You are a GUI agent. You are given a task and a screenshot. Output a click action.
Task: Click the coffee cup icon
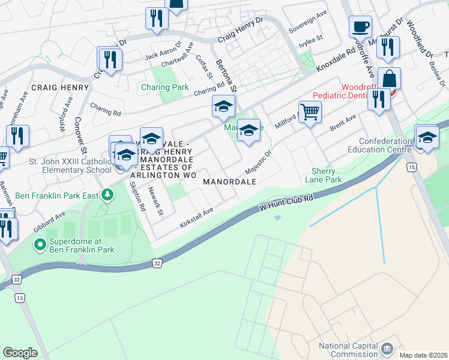coord(360,26)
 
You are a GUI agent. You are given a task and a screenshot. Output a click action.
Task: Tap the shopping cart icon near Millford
coord(310,111)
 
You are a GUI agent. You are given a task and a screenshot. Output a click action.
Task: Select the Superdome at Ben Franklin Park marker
coord(40,244)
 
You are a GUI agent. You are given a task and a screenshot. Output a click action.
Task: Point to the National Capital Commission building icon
coord(387,349)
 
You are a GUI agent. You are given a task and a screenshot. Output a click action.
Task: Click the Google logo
coord(20,353)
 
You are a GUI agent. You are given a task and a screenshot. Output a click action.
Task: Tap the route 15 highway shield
coord(411,166)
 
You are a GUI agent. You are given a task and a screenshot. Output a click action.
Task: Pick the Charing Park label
coord(164,87)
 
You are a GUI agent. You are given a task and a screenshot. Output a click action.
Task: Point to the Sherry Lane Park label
coord(327,175)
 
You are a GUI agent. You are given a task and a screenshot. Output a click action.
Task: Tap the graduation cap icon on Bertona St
coord(223,107)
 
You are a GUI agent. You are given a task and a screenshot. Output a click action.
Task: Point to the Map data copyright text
coord(423,355)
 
